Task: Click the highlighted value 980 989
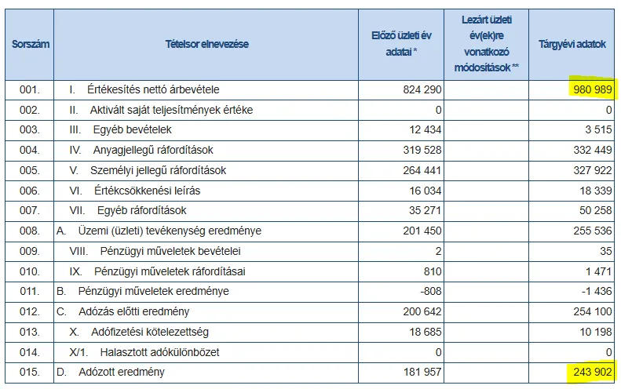pyautogui.click(x=593, y=89)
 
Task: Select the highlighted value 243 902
pyautogui.click(x=593, y=372)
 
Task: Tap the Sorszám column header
pyautogui.click(x=31, y=44)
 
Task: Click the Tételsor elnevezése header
pyautogui.click(x=206, y=44)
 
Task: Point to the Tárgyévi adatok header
pyautogui.click(x=572, y=44)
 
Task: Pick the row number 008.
pyautogui.click(x=30, y=231)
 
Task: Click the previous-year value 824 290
pyautogui.click(x=422, y=89)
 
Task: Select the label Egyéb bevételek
pyautogui.click(x=132, y=130)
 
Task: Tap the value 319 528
pyautogui.click(x=422, y=150)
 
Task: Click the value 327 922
pyautogui.click(x=593, y=170)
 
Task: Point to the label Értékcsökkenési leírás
pyautogui.click(x=148, y=191)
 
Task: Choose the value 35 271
pyautogui.click(x=425, y=210)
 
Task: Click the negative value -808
pyautogui.click(x=431, y=291)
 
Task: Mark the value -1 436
pyautogui.click(x=597, y=291)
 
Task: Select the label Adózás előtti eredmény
pyautogui.click(x=134, y=312)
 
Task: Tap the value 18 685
pyautogui.click(x=426, y=332)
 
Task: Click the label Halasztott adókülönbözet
pyautogui.click(x=159, y=352)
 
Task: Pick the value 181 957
pyautogui.click(x=422, y=372)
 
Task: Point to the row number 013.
pyautogui.click(x=30, y=332)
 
